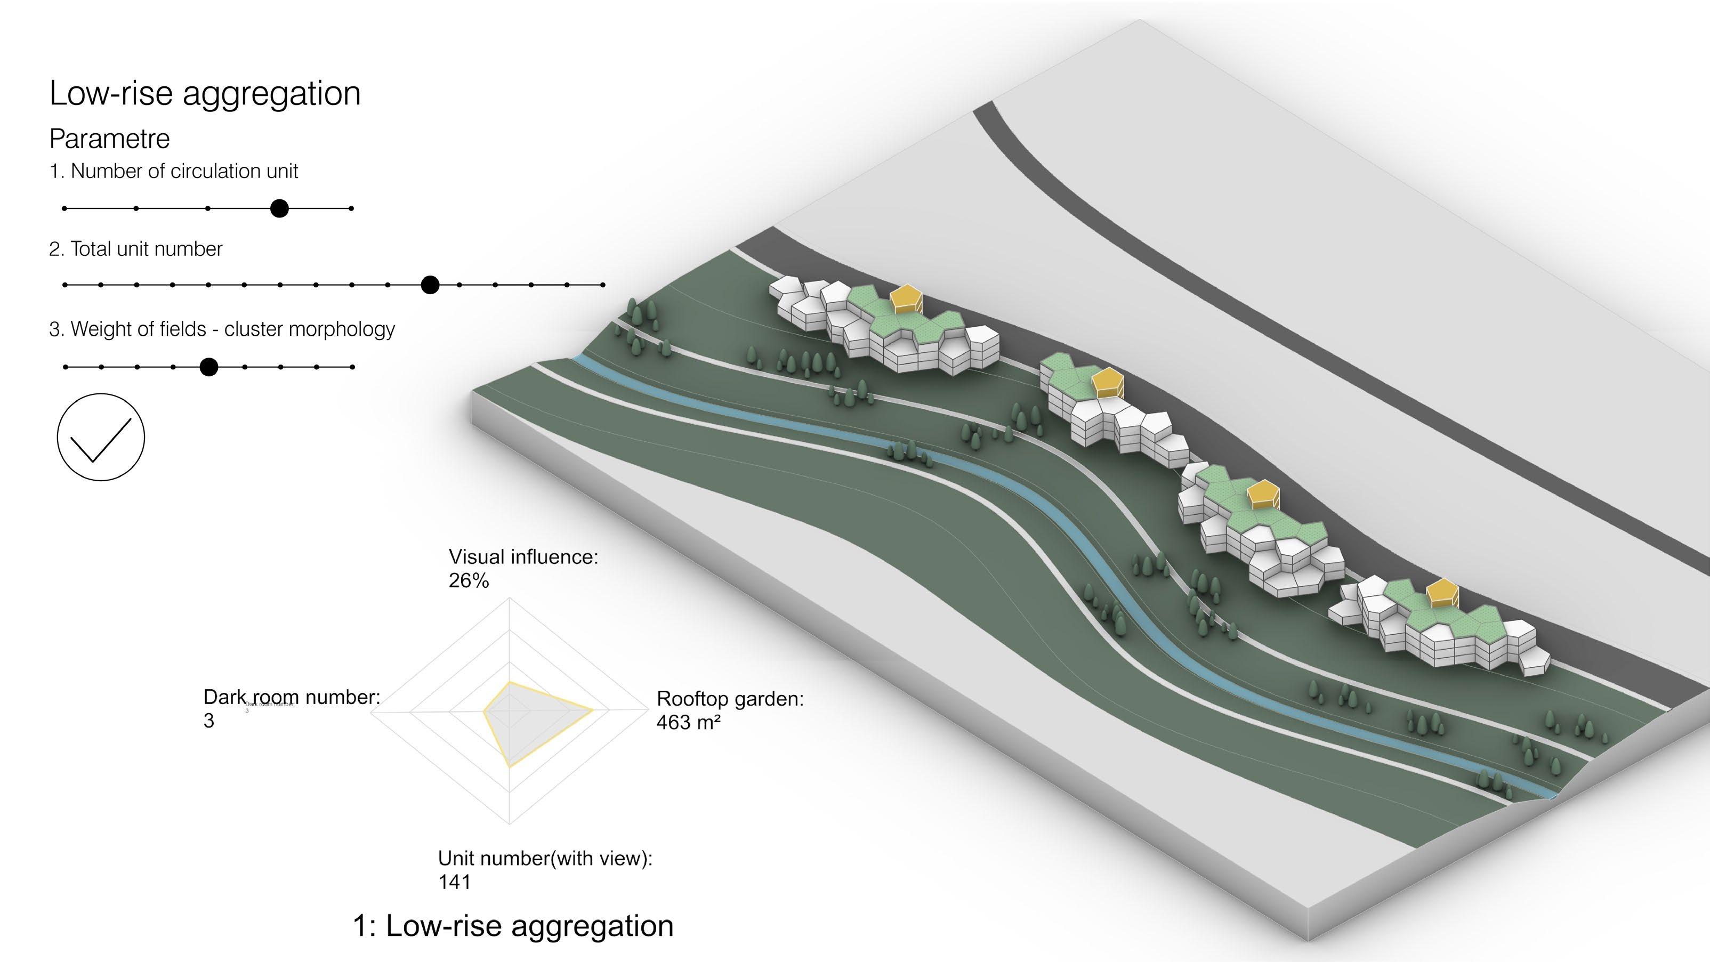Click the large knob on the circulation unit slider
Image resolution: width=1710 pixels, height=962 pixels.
click(x=279, y=208)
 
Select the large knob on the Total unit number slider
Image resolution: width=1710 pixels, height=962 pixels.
click(x=430, y=285)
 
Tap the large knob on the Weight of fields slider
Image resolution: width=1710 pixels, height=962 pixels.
click(x=209, y=367)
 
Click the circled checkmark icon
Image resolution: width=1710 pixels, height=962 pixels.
click(x=101, y=437)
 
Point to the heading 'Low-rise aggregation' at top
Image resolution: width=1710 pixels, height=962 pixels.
click(x=205, y=93)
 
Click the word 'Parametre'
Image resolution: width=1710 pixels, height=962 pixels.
click(x=109, y=139)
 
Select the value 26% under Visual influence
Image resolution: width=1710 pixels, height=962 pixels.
click(x=469, y=581)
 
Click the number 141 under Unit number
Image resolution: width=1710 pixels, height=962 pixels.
click(x=454, y=883)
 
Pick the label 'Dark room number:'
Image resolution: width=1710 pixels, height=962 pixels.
click(x=292, y=697)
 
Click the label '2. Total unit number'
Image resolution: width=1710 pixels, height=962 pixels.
click(x=135, y=249)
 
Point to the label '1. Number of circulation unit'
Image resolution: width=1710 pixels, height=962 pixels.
click(x=173, y=171)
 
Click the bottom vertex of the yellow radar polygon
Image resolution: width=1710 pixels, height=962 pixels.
click(x=509, y=767)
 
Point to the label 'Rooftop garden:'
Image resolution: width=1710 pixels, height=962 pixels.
click(x=730, y=699)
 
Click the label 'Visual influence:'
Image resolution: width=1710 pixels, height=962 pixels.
click(x=523, y=557)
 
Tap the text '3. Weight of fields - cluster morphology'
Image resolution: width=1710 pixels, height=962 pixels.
click(x=222, y=329)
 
